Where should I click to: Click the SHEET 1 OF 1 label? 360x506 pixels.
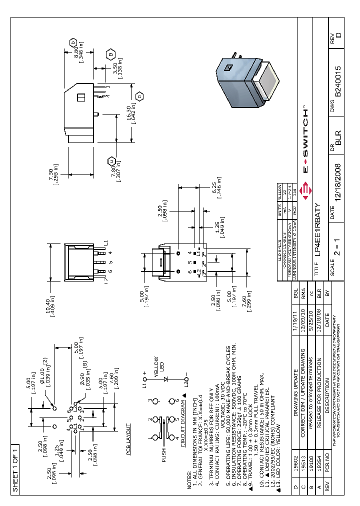point(15,468)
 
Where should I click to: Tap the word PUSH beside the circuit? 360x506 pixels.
point(163,455)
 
